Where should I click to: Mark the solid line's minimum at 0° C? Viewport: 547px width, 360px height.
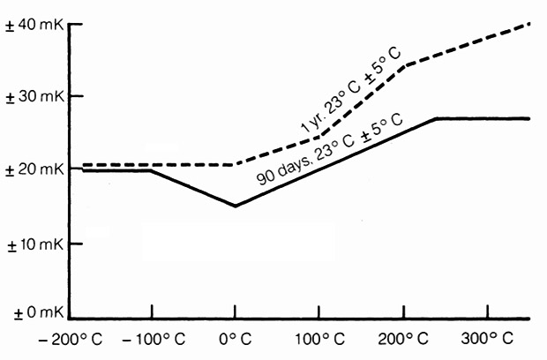pos(235,206)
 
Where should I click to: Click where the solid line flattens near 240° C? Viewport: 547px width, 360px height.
pos(436,118)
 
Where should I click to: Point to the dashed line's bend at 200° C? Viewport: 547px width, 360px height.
pos(403,65)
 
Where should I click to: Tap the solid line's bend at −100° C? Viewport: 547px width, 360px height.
pos(151,170)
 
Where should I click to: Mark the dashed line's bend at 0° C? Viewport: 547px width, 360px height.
pos(235,165)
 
